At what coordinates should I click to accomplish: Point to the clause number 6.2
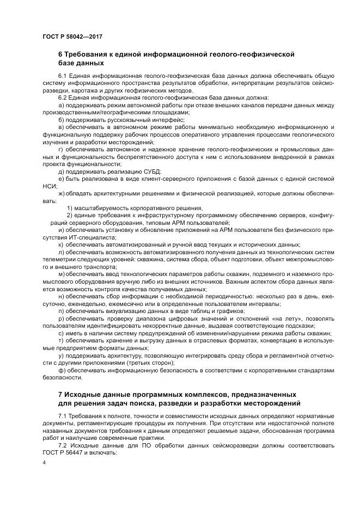tap(63, 98)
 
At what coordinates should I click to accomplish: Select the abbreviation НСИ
tap(50, 185)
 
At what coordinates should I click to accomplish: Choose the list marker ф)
tap(62, 370)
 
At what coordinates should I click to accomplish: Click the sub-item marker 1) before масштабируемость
tap(70, 208)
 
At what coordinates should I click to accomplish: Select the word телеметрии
tap(58, 261)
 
